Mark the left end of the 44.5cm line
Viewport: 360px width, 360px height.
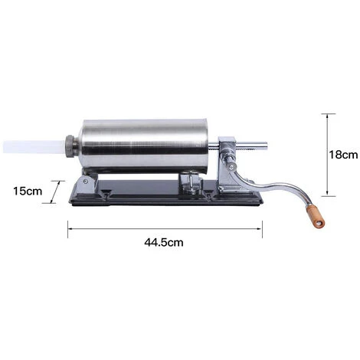[x=70, y=225]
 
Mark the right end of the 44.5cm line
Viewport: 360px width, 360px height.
[x=262, y=225]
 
